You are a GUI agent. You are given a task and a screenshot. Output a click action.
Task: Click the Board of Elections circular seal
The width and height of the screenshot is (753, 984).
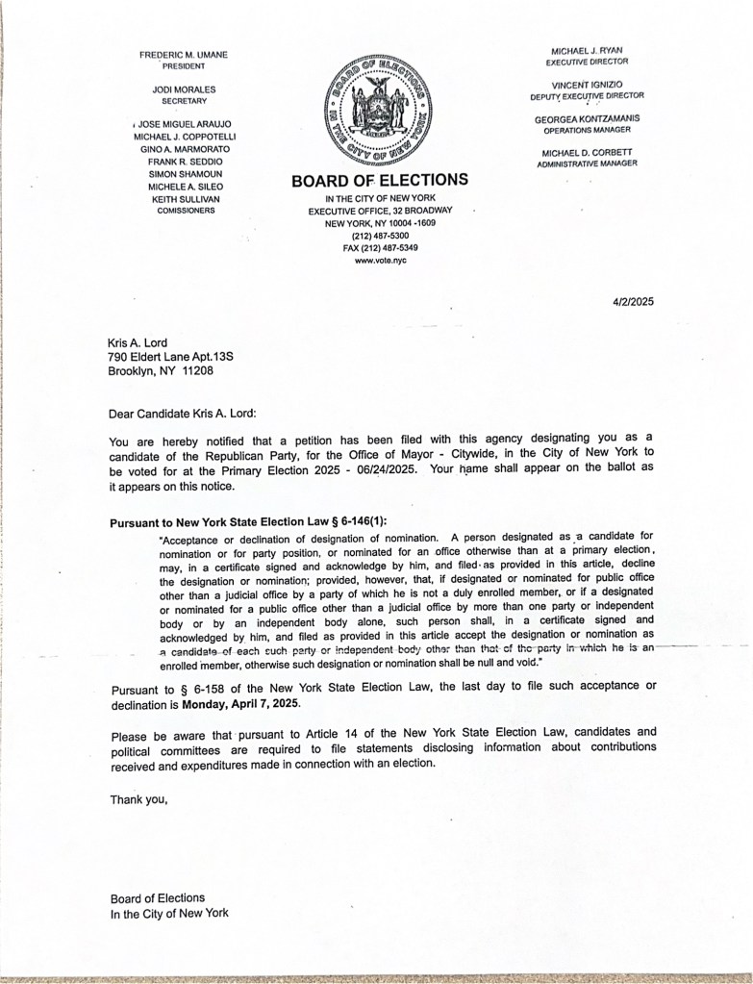pyautogui.click(x=379, y=108)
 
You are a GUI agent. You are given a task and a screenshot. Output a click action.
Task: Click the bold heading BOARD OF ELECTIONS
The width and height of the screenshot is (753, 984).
pyautogui.click(x=379, y=179)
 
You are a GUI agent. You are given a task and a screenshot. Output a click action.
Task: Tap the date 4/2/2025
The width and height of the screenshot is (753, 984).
pyautogui.click(x=632, y=301)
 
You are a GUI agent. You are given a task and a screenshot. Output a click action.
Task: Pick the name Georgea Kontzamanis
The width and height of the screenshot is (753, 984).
pyautogui.click(x=587, y=118)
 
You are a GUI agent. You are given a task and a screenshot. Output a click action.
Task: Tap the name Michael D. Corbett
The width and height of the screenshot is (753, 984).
pyautogui.click(x=587, y=153)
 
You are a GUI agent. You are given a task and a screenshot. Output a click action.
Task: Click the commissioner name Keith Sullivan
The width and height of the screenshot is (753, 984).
pyautogui.click(x=187, y=198)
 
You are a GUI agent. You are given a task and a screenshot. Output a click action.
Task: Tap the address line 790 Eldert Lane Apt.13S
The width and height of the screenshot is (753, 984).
pyautogui.click(x=171, y=356)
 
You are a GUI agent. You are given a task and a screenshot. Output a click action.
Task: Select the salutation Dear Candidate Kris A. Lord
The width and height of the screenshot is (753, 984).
pyautogui.click(x=183, y=413)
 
